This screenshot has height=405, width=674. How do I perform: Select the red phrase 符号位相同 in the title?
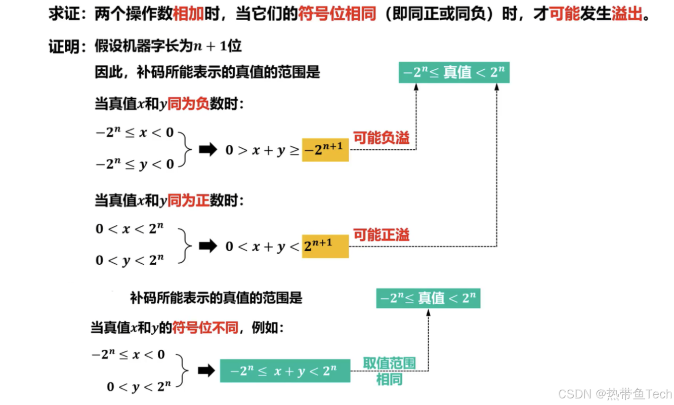pos(337,14)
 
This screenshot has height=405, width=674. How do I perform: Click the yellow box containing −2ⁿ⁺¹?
pos(325,150)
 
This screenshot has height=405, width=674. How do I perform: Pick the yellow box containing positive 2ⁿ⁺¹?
pos(325,246)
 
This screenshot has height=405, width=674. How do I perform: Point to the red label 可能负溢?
pos(381,138)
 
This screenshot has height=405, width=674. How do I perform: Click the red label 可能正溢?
pos(381,234)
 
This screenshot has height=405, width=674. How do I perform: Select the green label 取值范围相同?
pos(389,371)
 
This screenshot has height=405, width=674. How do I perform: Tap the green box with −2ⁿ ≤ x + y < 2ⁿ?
pos(285,371)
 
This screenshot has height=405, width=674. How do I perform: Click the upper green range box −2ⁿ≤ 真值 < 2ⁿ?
pos(454,72)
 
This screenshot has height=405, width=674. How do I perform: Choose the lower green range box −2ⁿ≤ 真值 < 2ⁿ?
pos(428,298)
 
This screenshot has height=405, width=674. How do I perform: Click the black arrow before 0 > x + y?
pos(207,150)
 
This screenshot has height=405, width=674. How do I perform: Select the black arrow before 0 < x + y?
pos(207,246)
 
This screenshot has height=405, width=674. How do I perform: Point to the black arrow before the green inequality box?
pos(206,371)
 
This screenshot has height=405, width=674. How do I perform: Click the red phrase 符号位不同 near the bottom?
pos(205,328)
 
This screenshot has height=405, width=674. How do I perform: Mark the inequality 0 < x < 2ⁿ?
pos(130,228)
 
